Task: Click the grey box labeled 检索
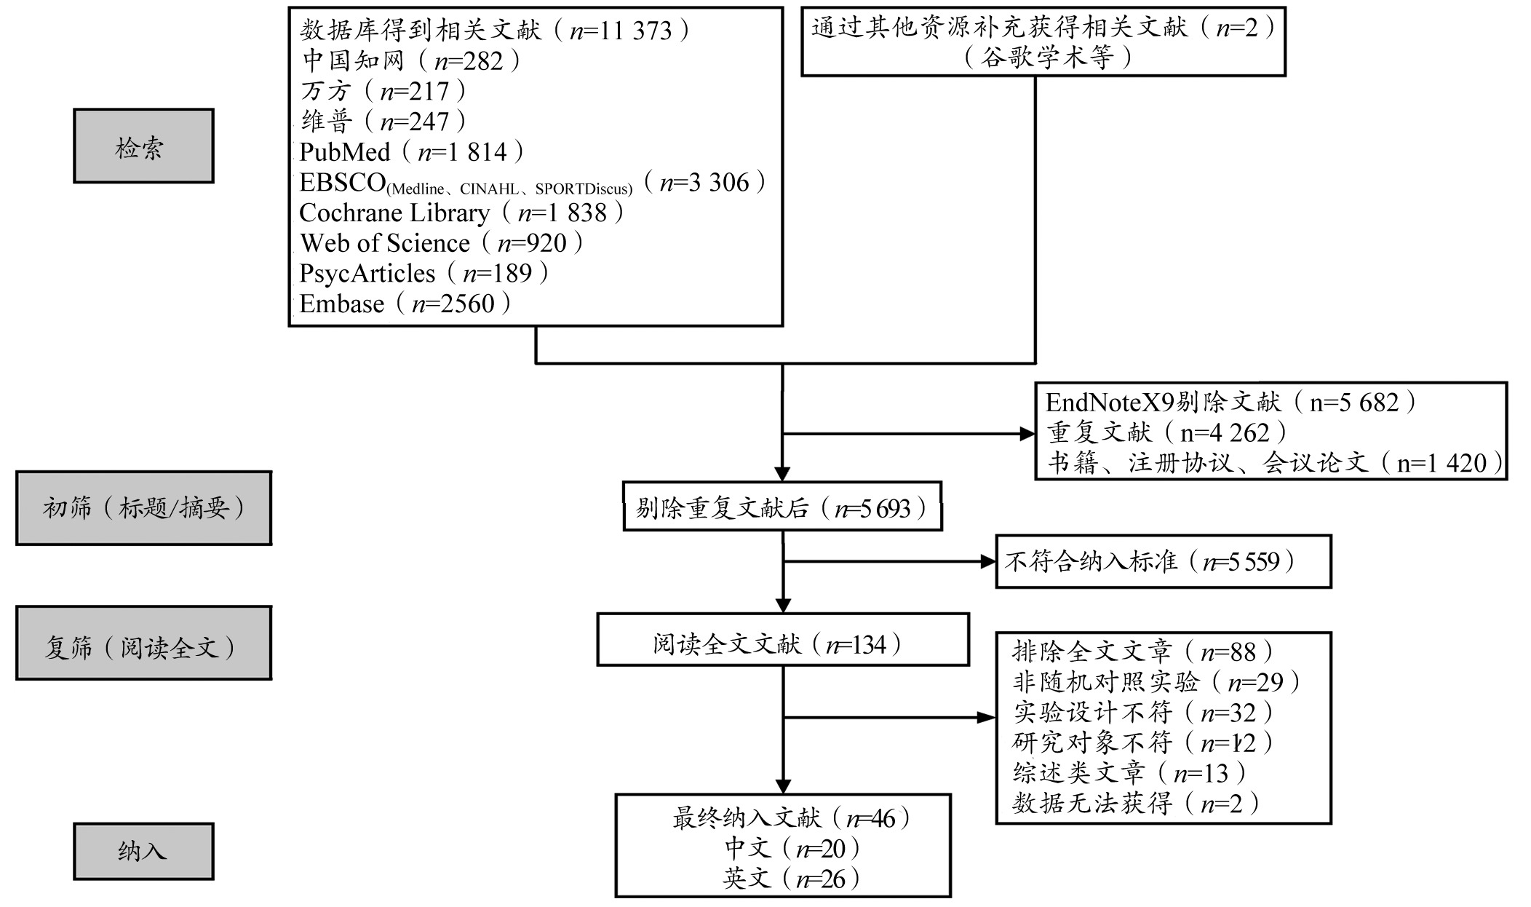click(143, 146)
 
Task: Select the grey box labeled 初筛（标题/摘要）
click(143, 508)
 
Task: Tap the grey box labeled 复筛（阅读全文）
click(143, 643)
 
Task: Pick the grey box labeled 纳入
click(143, 852)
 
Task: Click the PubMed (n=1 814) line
click(412, 151)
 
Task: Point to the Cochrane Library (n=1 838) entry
click(462, 213)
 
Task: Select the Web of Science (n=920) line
click(442, 243)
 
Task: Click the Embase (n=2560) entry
click(405, 304)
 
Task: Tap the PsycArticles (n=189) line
click(424, 274)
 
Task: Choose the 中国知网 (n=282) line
click(411, 60)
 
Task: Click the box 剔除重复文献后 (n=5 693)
click(782, 507)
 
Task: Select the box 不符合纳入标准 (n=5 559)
click(1163, 561)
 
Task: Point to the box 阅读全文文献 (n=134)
click(783, 640)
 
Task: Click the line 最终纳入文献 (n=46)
click(791, 818)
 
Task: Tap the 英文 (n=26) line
click(791, 879)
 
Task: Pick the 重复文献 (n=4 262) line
click(1167, 433)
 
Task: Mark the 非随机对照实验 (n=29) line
click(1156, 682)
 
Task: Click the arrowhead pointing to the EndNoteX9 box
click(1027, 435)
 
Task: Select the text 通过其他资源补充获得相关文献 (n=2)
click(1043, 28)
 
